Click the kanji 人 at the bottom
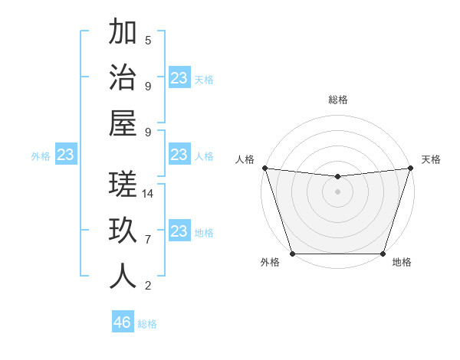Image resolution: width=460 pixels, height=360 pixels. click(x=123, y=276)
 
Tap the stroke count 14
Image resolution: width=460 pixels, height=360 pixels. click(x=148, y=194)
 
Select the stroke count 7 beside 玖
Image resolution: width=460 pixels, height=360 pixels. click(x=148, y=240)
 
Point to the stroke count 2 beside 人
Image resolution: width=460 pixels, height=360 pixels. click(x=148, y=286)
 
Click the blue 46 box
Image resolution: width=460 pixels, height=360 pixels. click(x=123, y=322)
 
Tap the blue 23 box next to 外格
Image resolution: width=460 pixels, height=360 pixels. click(x=66, y=155)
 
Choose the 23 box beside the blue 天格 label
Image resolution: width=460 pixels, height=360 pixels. click(x=179, y=78)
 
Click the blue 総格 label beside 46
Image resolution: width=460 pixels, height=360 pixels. click(x=147, y=324)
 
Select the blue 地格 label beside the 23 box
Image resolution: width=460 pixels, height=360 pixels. click(x=204, y=233)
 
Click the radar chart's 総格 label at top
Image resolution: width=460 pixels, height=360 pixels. click(x=337, y=100)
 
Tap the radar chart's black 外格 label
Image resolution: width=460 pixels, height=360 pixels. click(x=270, y=263)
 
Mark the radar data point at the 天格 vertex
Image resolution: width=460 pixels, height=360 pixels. click(x=410, y=168)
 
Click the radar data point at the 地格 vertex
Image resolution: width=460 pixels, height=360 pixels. click(x=383, y=254)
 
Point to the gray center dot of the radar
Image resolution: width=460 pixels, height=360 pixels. click(x=337, y=191)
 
